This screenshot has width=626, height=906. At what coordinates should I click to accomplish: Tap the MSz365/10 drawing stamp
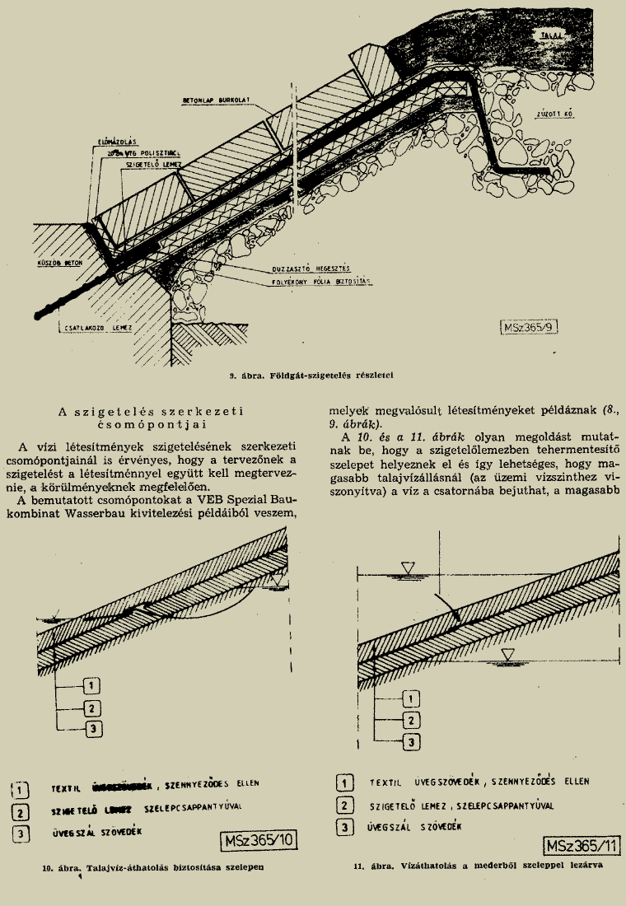click(259, 841)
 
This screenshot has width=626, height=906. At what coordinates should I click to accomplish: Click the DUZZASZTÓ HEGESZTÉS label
click(311, 269)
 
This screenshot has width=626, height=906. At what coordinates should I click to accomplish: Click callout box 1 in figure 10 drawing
click(93, 685)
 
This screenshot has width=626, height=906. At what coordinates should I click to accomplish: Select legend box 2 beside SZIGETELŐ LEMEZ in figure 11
click(346, 806)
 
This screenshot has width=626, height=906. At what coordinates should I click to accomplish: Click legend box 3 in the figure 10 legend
click(21, 833)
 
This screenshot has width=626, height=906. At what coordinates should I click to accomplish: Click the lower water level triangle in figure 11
click(508, 654)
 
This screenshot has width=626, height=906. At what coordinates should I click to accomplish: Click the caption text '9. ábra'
click(246, 376)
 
